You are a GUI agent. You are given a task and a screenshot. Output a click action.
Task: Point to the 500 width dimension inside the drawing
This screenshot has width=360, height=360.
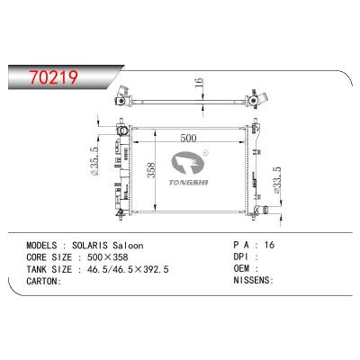[187, 139]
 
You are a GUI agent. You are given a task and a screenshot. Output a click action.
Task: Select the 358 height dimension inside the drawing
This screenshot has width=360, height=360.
[154, 170]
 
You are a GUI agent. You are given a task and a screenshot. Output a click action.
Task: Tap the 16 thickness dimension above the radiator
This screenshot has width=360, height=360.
[199, 85]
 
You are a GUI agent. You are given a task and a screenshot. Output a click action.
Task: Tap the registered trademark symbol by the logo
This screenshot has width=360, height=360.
[208, 153]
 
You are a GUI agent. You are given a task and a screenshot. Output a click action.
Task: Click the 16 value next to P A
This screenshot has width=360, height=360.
[270, 245]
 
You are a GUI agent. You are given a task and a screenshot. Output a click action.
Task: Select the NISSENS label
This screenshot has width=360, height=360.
[253, 279]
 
